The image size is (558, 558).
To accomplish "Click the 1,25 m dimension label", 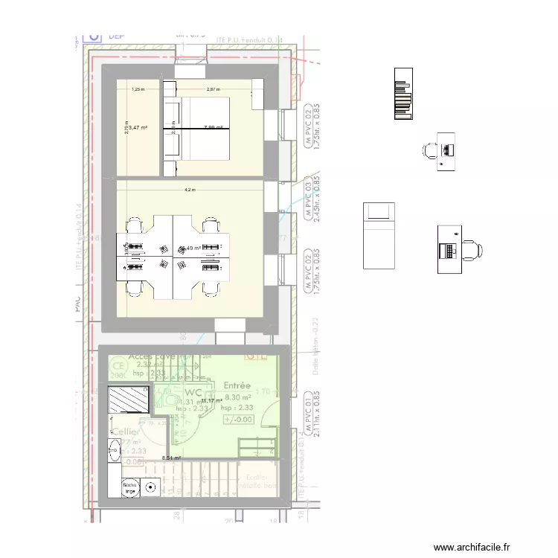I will coord(138,89).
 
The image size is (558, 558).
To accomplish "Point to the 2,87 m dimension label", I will coord(214,89).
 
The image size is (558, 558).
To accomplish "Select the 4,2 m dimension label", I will coord(190,190).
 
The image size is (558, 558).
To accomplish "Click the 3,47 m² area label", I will coord(138,128).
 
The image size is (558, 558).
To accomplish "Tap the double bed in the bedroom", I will coord(197,128).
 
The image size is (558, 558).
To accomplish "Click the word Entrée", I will coord(237,385).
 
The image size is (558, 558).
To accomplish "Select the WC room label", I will coord(194,391).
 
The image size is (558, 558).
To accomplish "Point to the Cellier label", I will coord(124,432).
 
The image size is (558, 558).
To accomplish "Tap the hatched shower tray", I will coord(130,399).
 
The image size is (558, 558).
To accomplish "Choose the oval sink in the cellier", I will coord(115,449).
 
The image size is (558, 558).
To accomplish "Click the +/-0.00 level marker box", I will coord(238,419).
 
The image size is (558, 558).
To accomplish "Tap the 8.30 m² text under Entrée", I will coord(238,397).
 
